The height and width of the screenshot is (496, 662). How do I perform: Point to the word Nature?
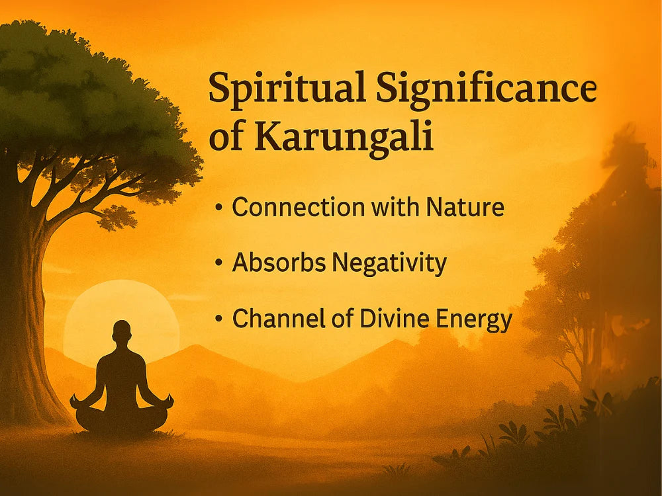pyautogui.click(x=465, y=207)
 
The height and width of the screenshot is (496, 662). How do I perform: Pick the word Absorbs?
pyautogui.click(x=279, y=263)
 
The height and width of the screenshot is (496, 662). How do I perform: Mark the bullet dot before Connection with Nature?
pyautogui.click(x=218, y=208)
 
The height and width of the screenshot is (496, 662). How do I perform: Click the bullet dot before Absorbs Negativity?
pyautogui.click(x=218, y=263)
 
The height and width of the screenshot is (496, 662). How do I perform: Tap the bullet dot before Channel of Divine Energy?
pyautogui.click(x=218, y=319)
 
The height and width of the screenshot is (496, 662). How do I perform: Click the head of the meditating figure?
pyautogui.click(x=122, y=331)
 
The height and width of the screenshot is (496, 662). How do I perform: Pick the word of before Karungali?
pyautogui.click(x=226, y=138)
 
